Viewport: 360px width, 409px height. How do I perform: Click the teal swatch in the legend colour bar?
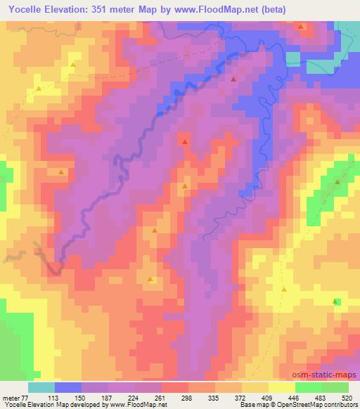point(41,387)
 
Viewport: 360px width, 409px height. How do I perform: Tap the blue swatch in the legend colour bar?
point(68,387)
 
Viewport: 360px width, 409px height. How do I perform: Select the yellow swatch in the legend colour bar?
point(282,387)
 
